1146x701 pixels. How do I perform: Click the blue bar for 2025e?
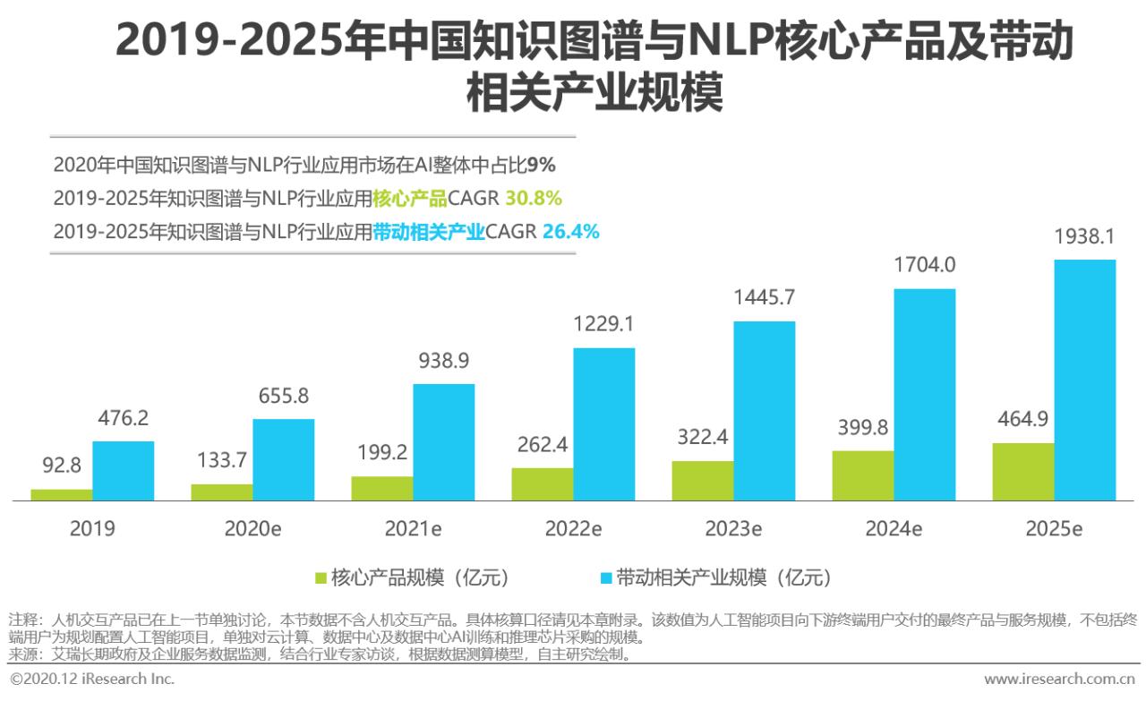1084,380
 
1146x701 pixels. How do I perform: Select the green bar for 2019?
62,494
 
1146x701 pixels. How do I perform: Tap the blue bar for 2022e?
604,423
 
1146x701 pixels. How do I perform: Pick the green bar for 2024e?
863,475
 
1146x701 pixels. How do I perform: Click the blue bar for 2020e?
284,459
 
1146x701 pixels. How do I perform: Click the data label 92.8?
62,466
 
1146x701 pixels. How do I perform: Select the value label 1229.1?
604,324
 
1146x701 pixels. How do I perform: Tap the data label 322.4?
703,438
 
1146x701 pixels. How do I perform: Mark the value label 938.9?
444,361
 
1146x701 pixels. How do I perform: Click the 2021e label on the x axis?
413,529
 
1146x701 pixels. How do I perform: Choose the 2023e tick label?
733,529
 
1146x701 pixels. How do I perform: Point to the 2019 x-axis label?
92,529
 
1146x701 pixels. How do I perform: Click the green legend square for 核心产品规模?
321,577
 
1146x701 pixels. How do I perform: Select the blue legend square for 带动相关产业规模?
607,577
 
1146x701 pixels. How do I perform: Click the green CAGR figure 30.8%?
534,198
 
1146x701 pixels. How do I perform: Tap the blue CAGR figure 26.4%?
570,232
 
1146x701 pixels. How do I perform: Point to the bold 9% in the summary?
542,165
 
